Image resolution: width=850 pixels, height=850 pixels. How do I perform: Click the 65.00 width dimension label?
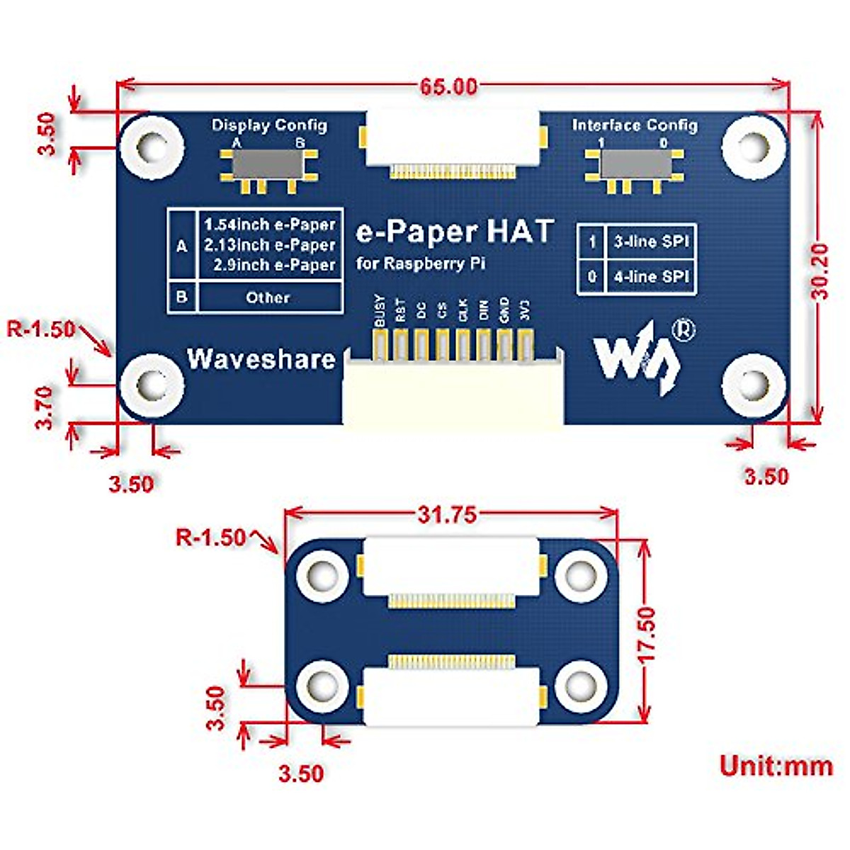(448, 87)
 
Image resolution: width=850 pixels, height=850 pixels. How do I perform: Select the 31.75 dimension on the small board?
(447, 515)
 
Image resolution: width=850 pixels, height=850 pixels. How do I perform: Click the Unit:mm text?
(776, 766)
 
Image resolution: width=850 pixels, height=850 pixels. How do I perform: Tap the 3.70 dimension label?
(45, 407)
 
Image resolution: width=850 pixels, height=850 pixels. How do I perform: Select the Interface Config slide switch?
(635, 165)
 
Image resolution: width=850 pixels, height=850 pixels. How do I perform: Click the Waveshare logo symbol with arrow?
(637, 358)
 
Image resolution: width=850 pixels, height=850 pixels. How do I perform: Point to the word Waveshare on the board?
(261, 359)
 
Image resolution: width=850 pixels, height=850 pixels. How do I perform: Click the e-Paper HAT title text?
(454, 232)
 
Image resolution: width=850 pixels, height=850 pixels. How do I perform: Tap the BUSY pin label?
(379, 311)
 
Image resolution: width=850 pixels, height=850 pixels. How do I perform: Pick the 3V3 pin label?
(525, 312)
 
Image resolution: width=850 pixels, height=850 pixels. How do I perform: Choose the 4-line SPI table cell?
(651, 277)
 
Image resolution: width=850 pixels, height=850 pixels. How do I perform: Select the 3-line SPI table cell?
(651, 242)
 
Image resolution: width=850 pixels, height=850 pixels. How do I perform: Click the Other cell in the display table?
(268, 297)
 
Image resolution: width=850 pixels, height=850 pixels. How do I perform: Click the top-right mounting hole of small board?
(580, 573)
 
